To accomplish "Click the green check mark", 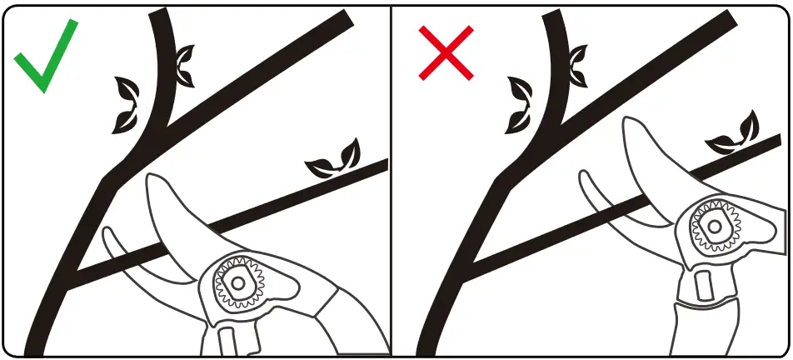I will (43, 58).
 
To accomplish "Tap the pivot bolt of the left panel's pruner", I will (237, 282).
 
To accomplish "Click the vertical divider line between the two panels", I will (392, 180).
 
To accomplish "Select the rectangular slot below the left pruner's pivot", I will (226, 342).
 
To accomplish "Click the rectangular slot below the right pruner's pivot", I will (702, 282).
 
